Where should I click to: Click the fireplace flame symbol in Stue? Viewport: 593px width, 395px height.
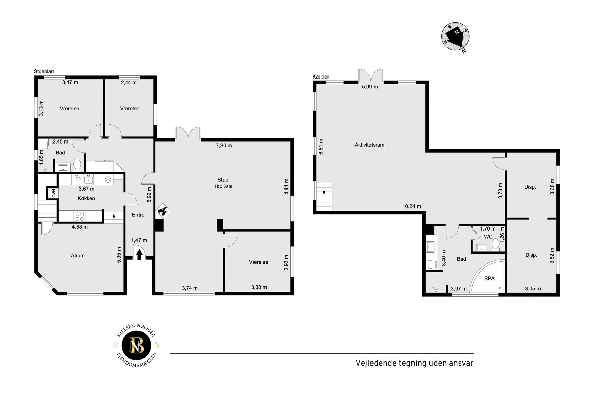pyautogui.click(x=163, y=212)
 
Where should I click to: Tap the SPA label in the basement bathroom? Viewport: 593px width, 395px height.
pyautogui.click(x=489, y=278)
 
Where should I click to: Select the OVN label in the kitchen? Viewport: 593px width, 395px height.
pyautogui.click(x=54, y=193)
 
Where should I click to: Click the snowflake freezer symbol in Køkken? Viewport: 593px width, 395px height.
pyautogui.click(x=108, y=180)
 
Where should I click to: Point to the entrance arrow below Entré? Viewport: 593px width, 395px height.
pyautogui.click(x=139, y=254)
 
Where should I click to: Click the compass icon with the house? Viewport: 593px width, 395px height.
pyautogui.click(x=456, y=37)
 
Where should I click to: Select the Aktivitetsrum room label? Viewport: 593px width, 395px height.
pyautogui.click(x=369, y=145)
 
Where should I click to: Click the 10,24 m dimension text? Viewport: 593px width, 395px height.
pyautogui.click(x=411, y=206)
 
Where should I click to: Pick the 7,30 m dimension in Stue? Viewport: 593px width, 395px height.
pyautogui.click(x=224, y=146)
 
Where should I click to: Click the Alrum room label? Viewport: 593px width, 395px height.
pyautogui.click(x=78, y=256)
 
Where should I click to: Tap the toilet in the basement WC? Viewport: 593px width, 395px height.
pyautogui.click(x=495, y=245)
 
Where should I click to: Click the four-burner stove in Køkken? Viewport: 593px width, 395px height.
pyautogui.click(x=80, y=216)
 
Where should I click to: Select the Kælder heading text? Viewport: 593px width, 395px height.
pyautogui.click(x=321, y=77)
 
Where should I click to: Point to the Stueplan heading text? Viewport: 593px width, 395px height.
pyautogui.click(x=44, y=72)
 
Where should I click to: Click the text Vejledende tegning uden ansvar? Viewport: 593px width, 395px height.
pyautogui.click(x=414, y=363)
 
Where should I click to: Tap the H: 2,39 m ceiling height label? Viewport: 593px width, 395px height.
pyautogui.click(x=224, y=186)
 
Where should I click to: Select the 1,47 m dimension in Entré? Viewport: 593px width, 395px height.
pyautogui.click(x=139, y=240)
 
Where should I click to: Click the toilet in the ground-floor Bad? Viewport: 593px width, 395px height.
pyautogui.click(x=77, y=165)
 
